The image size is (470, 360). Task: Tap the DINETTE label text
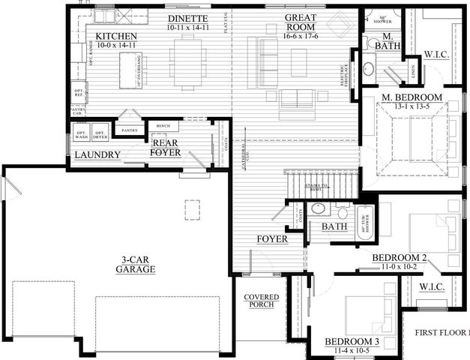tap(187, 17)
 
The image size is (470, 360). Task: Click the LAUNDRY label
tap(97, 155)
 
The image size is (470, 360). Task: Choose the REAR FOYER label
tap(166, 147)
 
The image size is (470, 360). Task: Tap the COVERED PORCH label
tap(261, 301)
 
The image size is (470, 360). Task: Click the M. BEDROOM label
tap(411, 97)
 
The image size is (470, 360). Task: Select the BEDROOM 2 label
tap(400, 258)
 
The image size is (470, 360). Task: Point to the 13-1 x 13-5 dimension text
tap(411, 106)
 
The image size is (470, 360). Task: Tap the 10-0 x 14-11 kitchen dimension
tap(117, 46)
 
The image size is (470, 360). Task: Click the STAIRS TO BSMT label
tap(315, 187)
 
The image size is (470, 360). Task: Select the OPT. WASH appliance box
tap(81, 134)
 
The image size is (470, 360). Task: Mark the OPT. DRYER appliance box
tap(100, 134)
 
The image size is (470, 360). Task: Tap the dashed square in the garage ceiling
tap(193, 205)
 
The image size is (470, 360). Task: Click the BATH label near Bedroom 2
tap(333, 226)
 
